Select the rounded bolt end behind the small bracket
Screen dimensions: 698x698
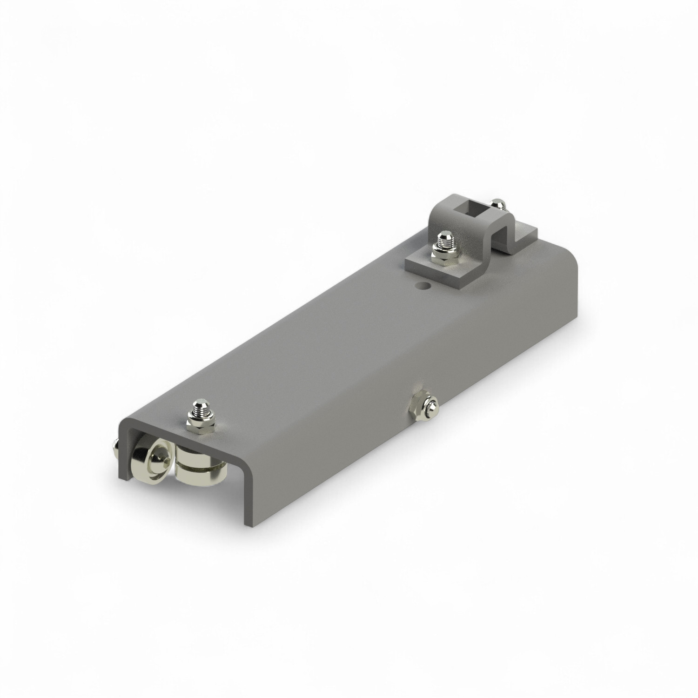(498, 204)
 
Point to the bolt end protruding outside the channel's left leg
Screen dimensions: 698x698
(115, 447)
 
